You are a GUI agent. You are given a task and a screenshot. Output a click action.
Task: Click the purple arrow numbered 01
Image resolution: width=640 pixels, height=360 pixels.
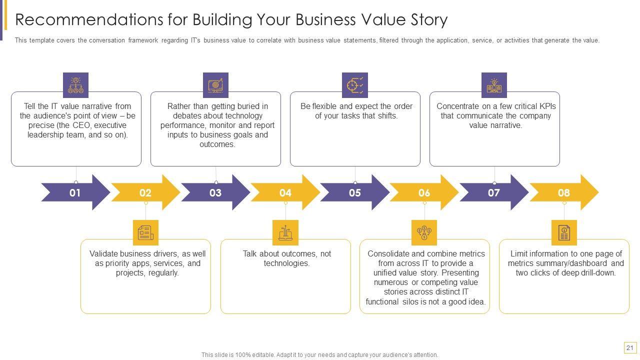point(75,192)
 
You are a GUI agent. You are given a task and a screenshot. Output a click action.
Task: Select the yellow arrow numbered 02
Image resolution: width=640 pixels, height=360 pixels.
point(145,192)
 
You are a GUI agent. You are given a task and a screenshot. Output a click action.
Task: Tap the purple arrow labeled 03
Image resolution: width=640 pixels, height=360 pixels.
point(215,192)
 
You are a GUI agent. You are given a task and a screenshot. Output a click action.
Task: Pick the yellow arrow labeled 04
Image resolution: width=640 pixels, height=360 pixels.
point(285,192)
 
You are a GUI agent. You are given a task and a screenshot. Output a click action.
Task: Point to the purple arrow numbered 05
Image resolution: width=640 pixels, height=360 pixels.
point(354,192)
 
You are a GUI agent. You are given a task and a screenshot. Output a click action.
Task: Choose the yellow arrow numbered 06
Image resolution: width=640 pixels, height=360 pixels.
point(424,192)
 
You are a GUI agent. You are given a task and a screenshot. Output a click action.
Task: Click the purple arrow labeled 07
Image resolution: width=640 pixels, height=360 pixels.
point(493,192)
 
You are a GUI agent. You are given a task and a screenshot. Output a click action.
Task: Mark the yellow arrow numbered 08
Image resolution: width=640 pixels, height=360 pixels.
point(563,192)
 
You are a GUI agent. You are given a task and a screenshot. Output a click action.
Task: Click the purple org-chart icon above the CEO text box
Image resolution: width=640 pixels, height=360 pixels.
point(75,85)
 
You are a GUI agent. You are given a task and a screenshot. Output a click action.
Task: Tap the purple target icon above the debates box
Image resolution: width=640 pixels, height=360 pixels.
point(215,85)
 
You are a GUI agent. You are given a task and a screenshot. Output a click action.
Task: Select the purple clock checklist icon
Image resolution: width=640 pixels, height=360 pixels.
point(355,85)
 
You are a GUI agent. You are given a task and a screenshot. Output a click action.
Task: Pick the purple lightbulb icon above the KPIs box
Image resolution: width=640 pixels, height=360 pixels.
point(494,85)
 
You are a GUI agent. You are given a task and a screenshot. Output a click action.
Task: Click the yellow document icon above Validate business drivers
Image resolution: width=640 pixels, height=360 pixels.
point(145,232)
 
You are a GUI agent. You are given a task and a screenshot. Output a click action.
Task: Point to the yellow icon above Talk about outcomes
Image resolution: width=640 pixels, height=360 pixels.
point(285,232)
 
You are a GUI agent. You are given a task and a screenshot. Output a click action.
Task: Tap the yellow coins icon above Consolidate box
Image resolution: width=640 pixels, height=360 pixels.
point(424,232)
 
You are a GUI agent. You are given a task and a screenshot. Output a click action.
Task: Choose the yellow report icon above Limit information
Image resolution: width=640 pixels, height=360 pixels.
point(564,232)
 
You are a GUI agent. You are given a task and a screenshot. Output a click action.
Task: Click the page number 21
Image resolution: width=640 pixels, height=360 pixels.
point(629,348)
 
